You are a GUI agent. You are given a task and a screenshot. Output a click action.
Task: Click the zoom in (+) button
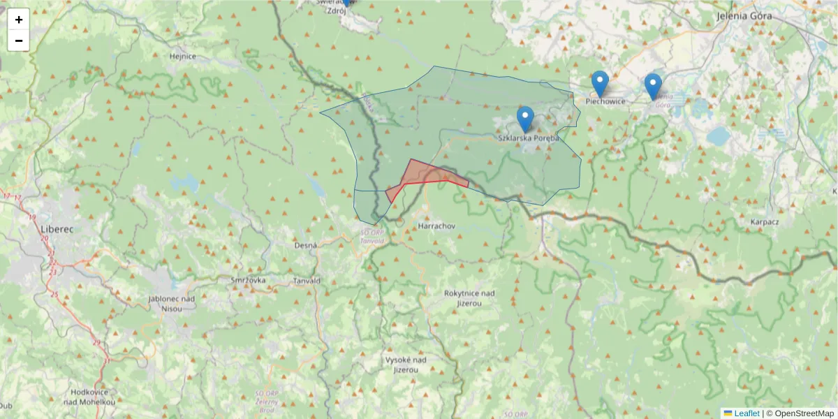click(19, 20)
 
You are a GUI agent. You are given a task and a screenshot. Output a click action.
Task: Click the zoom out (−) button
click(19, 41)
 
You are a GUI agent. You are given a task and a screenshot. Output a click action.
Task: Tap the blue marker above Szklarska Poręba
click(525, 119)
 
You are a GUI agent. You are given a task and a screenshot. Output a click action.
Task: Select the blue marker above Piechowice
click(600, 84)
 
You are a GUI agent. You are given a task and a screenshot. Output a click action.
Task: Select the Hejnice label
click(183, 56)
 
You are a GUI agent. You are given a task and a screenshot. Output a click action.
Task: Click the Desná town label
click(305, 245)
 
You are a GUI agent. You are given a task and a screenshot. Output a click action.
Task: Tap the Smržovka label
click(248, 280)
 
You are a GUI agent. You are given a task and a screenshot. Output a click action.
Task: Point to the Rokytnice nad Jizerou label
click(469, 298)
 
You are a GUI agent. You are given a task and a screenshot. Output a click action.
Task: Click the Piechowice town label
click(605, 101)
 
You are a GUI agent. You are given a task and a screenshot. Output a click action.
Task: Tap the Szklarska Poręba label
click(529, 138)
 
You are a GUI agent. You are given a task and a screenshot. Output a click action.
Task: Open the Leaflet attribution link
click(746, 413)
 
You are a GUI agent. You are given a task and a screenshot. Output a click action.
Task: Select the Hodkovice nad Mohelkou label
click(89, 397)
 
